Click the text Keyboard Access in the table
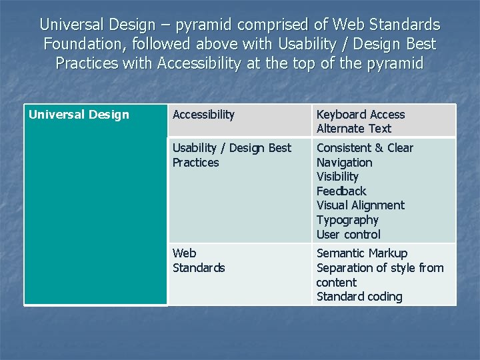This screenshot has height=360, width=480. [360, 115]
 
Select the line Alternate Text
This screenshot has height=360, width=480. [353, 129]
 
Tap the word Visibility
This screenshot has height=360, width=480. [337, 177]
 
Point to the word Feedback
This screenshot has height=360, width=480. [341, 191]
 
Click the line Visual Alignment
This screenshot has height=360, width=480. [360, 205]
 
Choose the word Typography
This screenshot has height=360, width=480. [347, 220]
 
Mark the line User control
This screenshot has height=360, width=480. [348, 235]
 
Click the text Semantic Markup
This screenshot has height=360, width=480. [361, 253]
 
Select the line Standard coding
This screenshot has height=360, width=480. [359, 297]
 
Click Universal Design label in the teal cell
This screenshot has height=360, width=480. [79, 115]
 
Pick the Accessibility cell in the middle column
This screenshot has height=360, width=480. [203, 115]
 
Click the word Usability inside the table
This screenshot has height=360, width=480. [194, 148]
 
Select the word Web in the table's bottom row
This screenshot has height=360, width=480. [184, 253]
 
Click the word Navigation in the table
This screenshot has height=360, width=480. [344, 163]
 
